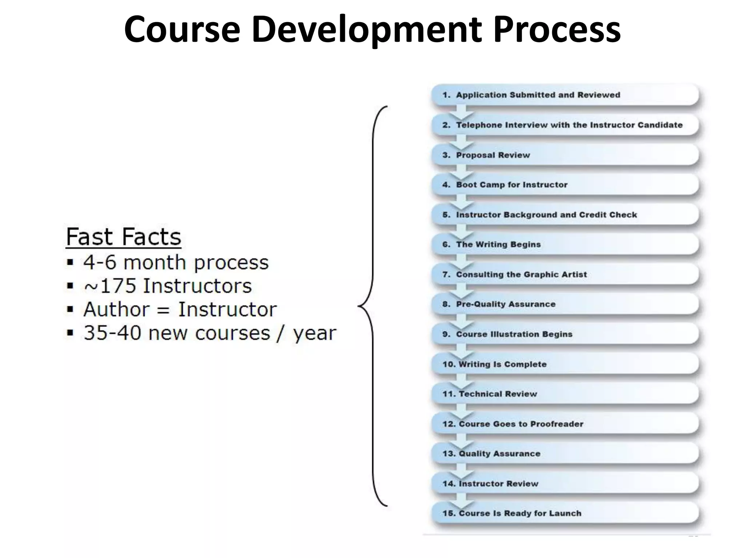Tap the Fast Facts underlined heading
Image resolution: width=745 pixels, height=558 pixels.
coord(123,237)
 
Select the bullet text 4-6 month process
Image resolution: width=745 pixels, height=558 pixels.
coord(176,262)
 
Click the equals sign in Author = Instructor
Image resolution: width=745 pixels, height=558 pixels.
coord(164,310)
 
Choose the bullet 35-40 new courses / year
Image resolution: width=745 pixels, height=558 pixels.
coord(210,333)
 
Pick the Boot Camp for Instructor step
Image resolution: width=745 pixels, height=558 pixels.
coord(511,185)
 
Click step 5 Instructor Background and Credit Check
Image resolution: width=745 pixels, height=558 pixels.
coord(546,215)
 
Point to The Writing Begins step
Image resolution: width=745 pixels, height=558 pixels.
coord(498,244)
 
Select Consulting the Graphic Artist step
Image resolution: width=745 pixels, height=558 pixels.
coord(521,274)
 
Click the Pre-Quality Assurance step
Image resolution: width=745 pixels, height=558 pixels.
coord(506,304)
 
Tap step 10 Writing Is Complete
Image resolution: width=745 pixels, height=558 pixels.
coord(502,364)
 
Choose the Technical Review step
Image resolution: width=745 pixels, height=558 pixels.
coord(497,394)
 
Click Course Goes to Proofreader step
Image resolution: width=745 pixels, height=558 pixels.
coord(521,424)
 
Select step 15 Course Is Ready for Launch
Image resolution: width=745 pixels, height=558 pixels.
coord(520,513)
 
